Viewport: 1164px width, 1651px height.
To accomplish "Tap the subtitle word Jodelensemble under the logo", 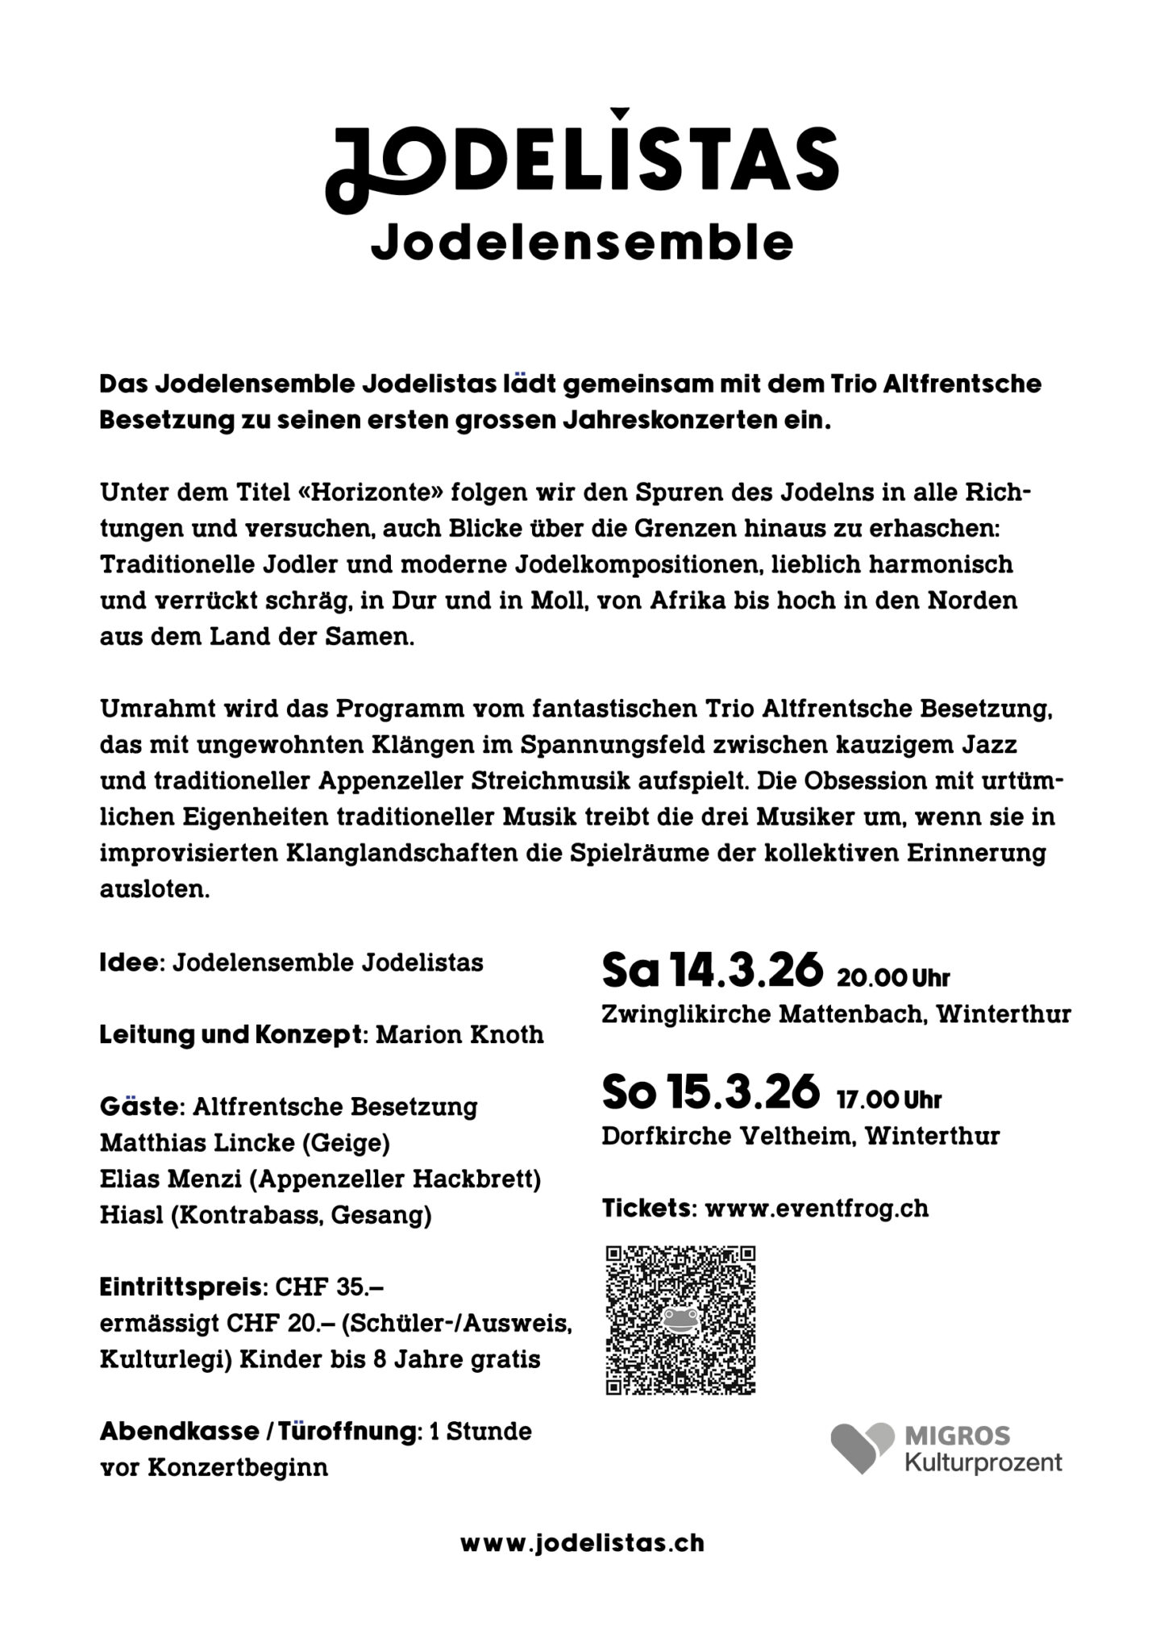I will coord(581,243).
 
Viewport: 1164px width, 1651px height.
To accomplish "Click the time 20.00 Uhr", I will coord(893,979).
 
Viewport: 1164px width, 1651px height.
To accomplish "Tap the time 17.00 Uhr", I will coord(888,1100).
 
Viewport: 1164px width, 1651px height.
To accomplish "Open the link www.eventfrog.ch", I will coord(816,1208).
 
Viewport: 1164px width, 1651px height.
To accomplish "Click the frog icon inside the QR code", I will coord(680,1319).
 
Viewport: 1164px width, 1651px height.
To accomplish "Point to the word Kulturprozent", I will coord(983,1462).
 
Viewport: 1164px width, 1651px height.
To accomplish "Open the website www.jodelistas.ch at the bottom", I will coord(582,1543).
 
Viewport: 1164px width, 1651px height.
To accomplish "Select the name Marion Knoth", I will coord(459,1035).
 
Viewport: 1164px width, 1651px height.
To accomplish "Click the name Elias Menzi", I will coord(171,1179).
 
